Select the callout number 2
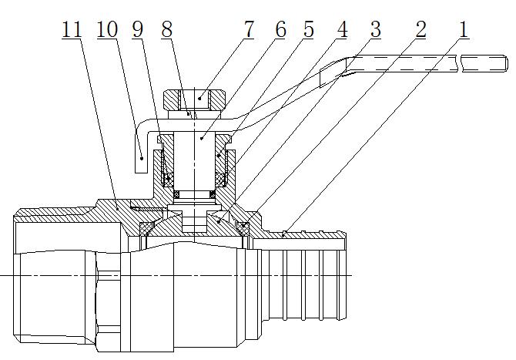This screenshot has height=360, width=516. pyautogui.click(x=420, y=31)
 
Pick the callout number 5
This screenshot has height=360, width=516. pyautogui.click(x=307, y=31)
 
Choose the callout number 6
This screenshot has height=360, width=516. pyautogui.click(x=280, y=31)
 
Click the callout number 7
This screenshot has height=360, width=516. pyautogui.click(x=248, y=31)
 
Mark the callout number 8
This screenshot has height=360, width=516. pyautogui.click(x=166, y=31)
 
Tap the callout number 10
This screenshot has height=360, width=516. pyautogui.click(x=108, y=31)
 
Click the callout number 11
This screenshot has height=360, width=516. pyautogui.click(x=71, y=31)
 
